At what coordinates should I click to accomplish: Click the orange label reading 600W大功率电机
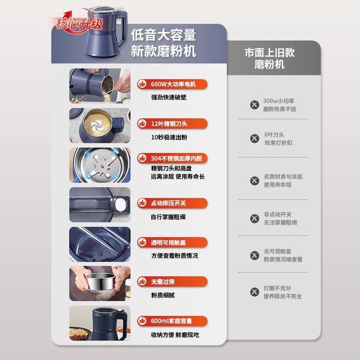click(x=172, y=84)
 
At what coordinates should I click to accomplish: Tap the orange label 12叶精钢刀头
click(x=172, y=123)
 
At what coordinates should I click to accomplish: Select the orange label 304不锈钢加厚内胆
click(x=172, y=159)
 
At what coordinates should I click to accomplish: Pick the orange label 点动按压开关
click(x=172, y=203)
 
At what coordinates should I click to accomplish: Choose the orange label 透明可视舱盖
click(x=172, y=243)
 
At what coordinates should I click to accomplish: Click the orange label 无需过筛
click(x=172, y=282)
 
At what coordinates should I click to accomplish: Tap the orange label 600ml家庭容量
click(x=172, y=321)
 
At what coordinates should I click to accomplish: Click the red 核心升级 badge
click(x=80, y=23)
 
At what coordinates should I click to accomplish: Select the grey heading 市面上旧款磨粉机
click(x=270, y=58)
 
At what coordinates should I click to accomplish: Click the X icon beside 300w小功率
click(x=255, y=105)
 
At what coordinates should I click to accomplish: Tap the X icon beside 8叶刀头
click(x=255, y=139)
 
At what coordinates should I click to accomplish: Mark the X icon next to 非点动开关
click(x=255, y=219)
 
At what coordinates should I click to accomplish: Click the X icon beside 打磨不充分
click(x=255, y=292)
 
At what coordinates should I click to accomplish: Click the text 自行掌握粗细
click(x=168, y=216)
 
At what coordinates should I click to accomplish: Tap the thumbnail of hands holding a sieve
click(x=100, y=283)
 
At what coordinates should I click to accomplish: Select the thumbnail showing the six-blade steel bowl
click(x=100, y=165)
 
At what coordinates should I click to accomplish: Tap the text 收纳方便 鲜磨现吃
click(x=174, y=335)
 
